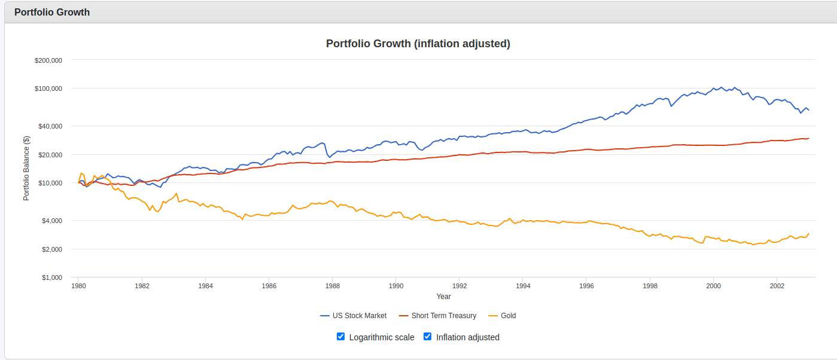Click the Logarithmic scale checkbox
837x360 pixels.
(340, 337)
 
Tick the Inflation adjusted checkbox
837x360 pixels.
(428, 337)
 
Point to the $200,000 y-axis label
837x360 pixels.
(49, 60)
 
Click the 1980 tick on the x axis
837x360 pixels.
(78, 286)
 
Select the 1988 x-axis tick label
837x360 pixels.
(333, 286)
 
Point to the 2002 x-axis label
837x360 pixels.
(777, 286)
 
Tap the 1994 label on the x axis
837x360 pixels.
(523, 286)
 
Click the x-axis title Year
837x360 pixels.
(443, 297)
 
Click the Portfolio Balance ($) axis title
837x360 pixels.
(26, 169)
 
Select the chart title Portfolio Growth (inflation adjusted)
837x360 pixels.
(418, 44)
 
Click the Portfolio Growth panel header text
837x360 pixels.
(52, 12)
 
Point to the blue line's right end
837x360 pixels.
(809, 111)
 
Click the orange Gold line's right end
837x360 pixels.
(809, 234)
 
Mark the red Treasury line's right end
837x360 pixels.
(809, 138)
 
